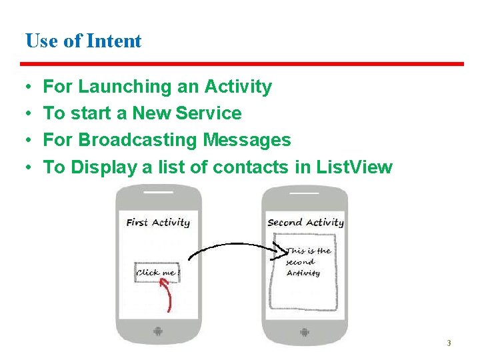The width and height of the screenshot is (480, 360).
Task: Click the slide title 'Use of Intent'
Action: click(x=83, y=41)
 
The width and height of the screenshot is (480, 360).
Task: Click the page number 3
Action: click(x=449, y=343)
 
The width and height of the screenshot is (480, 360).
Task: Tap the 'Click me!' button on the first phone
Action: click(x=157, y=272)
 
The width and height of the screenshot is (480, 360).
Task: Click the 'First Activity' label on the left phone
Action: click(x=158, y=223)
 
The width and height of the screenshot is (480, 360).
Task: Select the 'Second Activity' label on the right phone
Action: click(x=305, y=223)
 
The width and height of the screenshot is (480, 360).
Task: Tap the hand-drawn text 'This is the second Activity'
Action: click(x=307, y=262)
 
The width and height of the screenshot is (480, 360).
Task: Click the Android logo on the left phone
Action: click(x=158, y=331)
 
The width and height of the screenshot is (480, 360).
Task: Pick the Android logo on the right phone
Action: click(x=305, y=331)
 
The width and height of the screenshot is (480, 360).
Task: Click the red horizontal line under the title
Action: click(x=241, y=64)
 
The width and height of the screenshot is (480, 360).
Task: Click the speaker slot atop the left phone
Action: click(x=158, y=195)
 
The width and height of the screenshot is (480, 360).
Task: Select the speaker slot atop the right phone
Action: click(x=305, y=195)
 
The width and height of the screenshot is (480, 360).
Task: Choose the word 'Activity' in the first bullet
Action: click(x=238, y=87)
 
